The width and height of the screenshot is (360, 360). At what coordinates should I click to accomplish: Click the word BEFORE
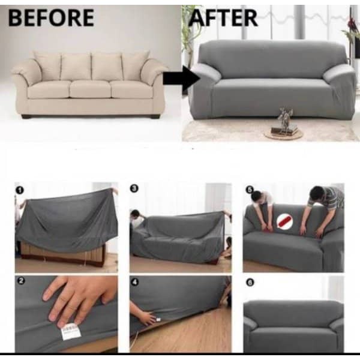tap(51, 17)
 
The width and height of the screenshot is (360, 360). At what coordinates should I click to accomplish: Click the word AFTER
tap(223, 17)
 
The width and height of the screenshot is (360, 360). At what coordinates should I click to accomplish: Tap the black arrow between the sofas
tap(181, 78)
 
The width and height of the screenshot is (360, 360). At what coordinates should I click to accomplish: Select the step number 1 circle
tap(20, 190)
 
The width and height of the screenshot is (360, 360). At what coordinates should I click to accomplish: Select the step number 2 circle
tap(21, 281)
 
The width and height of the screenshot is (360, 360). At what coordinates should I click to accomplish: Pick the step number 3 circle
tap(134, 188)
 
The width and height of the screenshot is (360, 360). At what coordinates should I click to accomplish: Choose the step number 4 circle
tap(135, 282)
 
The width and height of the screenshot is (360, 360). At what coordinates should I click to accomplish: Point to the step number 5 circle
tap(250, 190)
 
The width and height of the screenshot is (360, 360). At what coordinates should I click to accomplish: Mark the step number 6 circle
tap(250, 282)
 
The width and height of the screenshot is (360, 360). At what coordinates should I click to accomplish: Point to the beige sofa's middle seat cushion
tap(90, 89)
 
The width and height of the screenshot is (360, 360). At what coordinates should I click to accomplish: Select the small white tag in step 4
tap(158, 319)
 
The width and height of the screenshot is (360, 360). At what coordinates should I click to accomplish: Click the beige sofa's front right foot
tap(155, 116)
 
